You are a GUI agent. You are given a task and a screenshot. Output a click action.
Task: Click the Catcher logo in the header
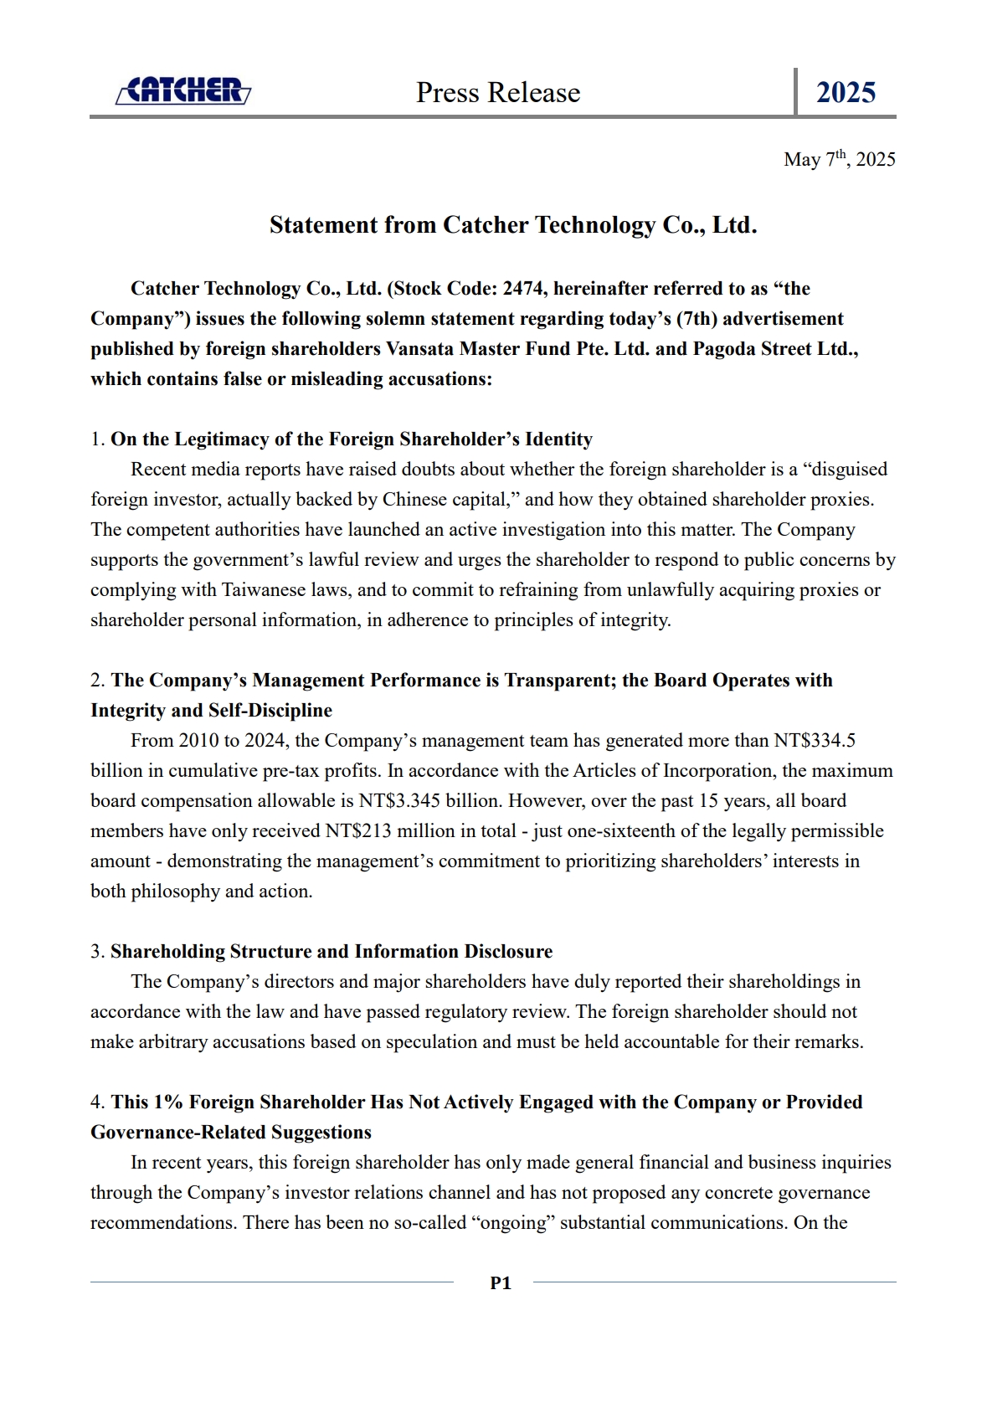point(183,90)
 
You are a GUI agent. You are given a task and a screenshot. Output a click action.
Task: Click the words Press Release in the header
point(498,92)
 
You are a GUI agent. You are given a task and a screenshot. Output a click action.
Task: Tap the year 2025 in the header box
point(846,92)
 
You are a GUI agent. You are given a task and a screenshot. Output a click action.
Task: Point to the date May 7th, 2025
point(839,159)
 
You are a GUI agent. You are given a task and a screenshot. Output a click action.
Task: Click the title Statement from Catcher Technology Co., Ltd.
point(513,225)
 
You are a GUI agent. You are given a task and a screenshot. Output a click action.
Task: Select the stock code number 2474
point(523,289)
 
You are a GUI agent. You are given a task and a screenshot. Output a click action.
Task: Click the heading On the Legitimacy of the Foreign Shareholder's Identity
point(352,439)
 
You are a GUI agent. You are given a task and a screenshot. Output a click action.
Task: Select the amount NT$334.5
point(815,741)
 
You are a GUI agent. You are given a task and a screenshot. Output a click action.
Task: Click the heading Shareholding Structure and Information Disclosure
point(332,952)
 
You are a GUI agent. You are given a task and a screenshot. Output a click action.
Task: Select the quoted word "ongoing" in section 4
point(514,1223)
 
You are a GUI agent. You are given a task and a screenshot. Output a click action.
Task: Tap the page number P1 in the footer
point(501,1282)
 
